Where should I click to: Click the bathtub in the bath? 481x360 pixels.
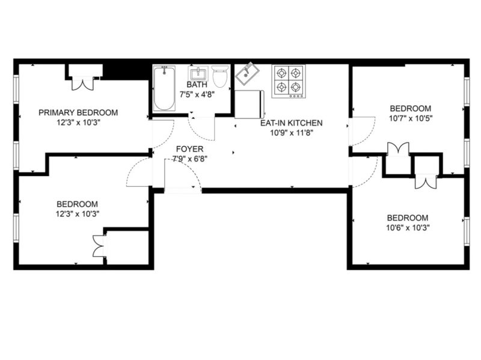coord(165,88)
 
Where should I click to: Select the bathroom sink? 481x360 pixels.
coord(198,74)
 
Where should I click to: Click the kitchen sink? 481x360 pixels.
coord(247,74)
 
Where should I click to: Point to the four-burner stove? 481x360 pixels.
coord(289,81)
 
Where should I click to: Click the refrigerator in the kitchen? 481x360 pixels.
coord(249,104)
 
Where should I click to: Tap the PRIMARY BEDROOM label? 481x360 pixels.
coord(78,112)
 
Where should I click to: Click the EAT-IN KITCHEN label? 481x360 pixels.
coord(292,123)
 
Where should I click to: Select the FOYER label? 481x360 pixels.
coord(189,149)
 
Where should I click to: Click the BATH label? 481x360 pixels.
coord(197,84)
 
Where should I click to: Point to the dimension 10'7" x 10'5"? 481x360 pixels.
coord(411,118)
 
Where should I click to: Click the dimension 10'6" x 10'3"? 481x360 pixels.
coord(408,228)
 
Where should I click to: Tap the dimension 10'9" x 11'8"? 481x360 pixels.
coord(292,133)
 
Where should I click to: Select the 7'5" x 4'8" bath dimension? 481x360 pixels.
coord(197,94)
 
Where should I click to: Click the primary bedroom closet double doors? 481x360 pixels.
coord(82,84)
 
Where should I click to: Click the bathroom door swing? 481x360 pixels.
coord(201,129)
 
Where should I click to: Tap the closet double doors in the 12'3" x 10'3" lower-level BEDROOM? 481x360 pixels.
coord(99,246)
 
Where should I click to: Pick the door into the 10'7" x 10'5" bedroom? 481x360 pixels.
coord(362,131)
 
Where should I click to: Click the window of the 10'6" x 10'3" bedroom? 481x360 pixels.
coord(467,231)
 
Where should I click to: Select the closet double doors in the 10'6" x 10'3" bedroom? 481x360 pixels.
coord(426,182)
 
